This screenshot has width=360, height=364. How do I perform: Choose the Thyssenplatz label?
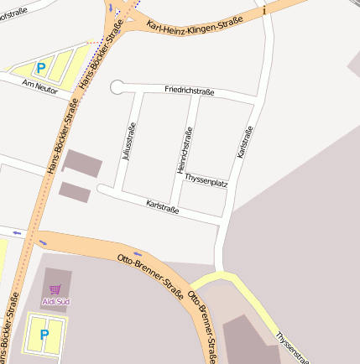pyautogui.click(x=206, y=180)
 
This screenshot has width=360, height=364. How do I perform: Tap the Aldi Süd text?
pyautogui.click(x=56, y=300)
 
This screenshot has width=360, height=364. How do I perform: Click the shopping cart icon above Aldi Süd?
pyautogui.click(x=55, y=289)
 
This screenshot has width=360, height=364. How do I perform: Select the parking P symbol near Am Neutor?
pyautogui.click(x=41, y=65)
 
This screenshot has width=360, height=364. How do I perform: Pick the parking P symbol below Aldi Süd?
pyautogui.click(x=44, y=334)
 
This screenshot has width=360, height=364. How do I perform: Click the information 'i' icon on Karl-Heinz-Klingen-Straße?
pyautogui.click(x=264, y=10)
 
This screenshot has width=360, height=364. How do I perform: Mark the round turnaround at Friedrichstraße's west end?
pyautogui.click(x=117, y=86)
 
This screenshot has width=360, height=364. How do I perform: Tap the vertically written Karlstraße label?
pyautogui.click(x=244, y=142)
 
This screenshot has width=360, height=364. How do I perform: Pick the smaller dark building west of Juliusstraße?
pyautogui.click(x=75, y=191)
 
